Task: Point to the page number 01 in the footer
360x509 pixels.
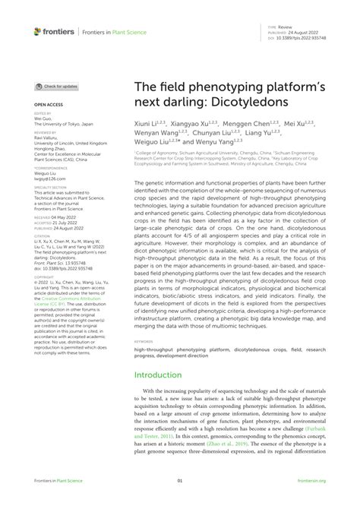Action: click(179, 481)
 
